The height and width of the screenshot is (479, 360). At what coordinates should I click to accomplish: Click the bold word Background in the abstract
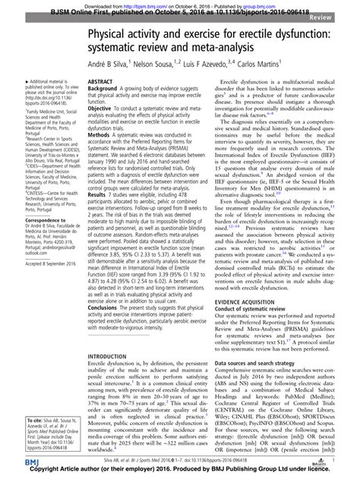(106, 88)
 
